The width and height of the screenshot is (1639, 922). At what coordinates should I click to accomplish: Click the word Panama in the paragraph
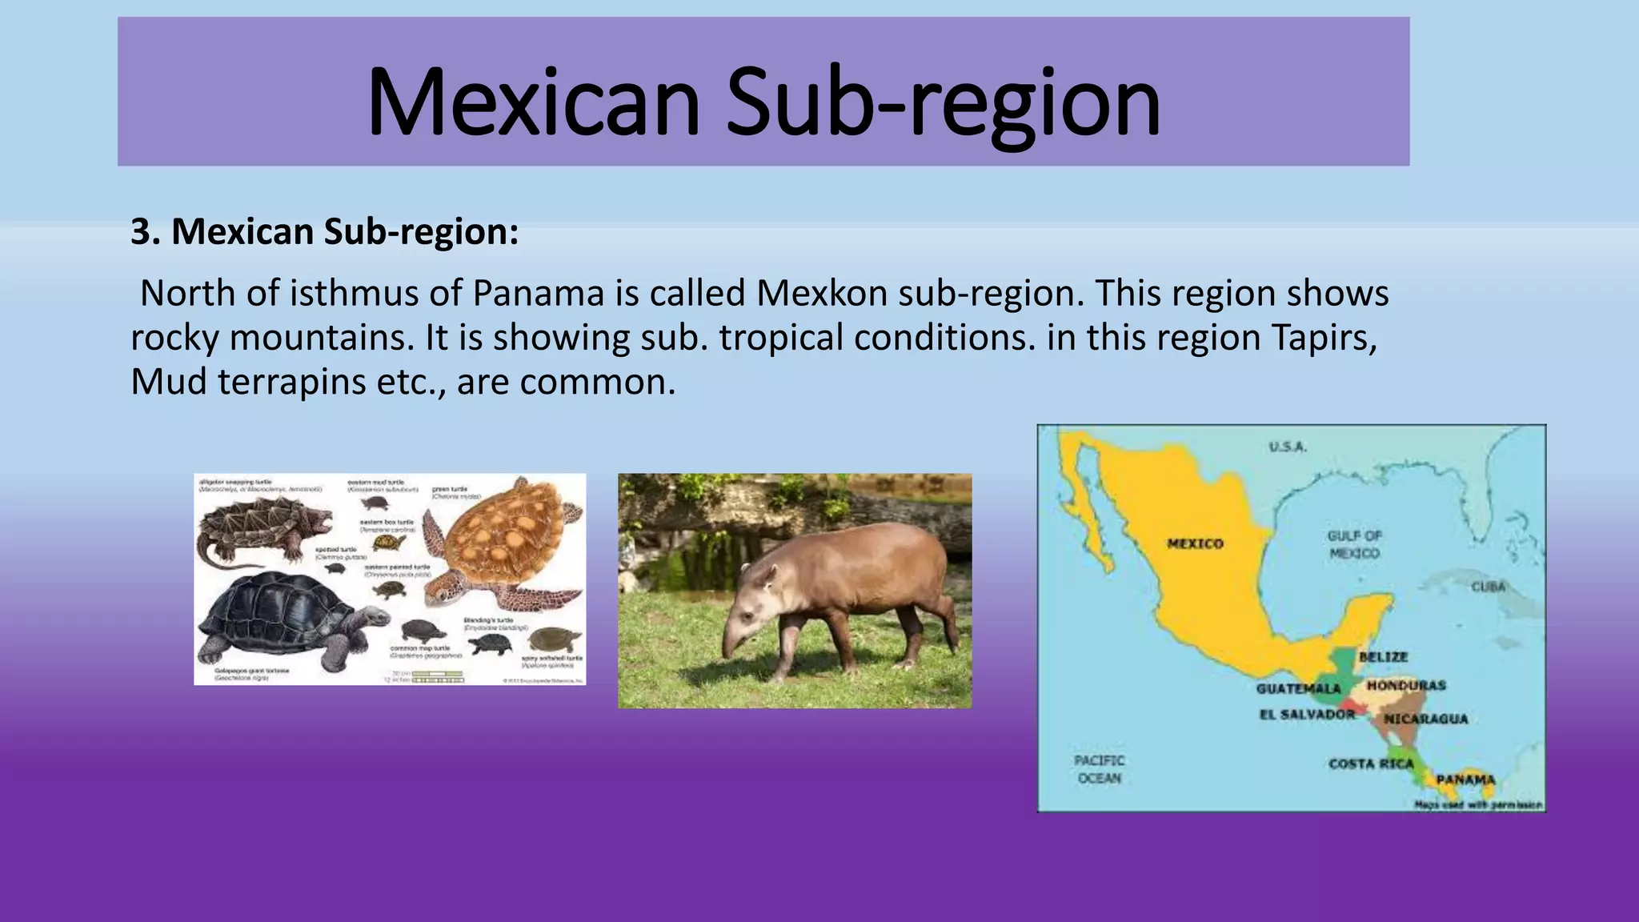pos(538,294)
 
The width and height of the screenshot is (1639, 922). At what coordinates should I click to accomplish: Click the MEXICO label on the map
pos(1195,544)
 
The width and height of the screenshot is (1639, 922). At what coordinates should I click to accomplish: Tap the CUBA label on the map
pos(1488,587)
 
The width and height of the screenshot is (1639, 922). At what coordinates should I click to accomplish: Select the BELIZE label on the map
pos(1383,657)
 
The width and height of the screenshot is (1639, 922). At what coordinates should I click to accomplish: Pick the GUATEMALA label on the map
pos(1298,688)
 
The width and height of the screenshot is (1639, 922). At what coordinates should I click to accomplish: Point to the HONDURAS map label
pos(1406,686)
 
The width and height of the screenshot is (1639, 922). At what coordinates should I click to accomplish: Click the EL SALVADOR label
pos(1308,714)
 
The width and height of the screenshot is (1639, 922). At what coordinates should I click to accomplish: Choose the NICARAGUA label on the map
pos(1425,719)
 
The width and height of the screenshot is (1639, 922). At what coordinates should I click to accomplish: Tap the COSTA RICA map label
pos(1371,764)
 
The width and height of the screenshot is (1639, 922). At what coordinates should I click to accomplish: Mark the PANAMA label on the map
pos(1465,780)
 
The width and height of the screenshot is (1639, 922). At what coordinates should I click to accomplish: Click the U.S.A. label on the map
pos(1288,447)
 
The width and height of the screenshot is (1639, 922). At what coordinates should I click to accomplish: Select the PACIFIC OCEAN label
pos(1100,769)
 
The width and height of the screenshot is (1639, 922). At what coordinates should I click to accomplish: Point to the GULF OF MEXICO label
pos(1354,545)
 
